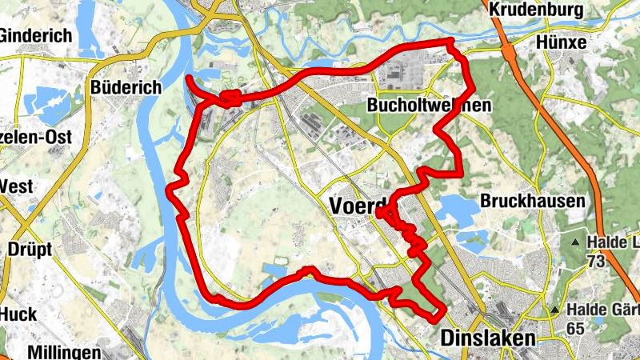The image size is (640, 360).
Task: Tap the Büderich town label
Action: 126,86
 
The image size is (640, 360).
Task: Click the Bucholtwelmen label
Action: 428,105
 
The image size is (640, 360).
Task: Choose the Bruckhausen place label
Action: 534,201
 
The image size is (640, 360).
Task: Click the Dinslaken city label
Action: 487,339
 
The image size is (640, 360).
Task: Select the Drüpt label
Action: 30,249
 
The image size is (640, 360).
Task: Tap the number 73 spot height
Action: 597,262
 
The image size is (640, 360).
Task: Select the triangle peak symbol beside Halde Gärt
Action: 555,310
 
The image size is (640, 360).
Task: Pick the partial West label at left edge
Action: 16,186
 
